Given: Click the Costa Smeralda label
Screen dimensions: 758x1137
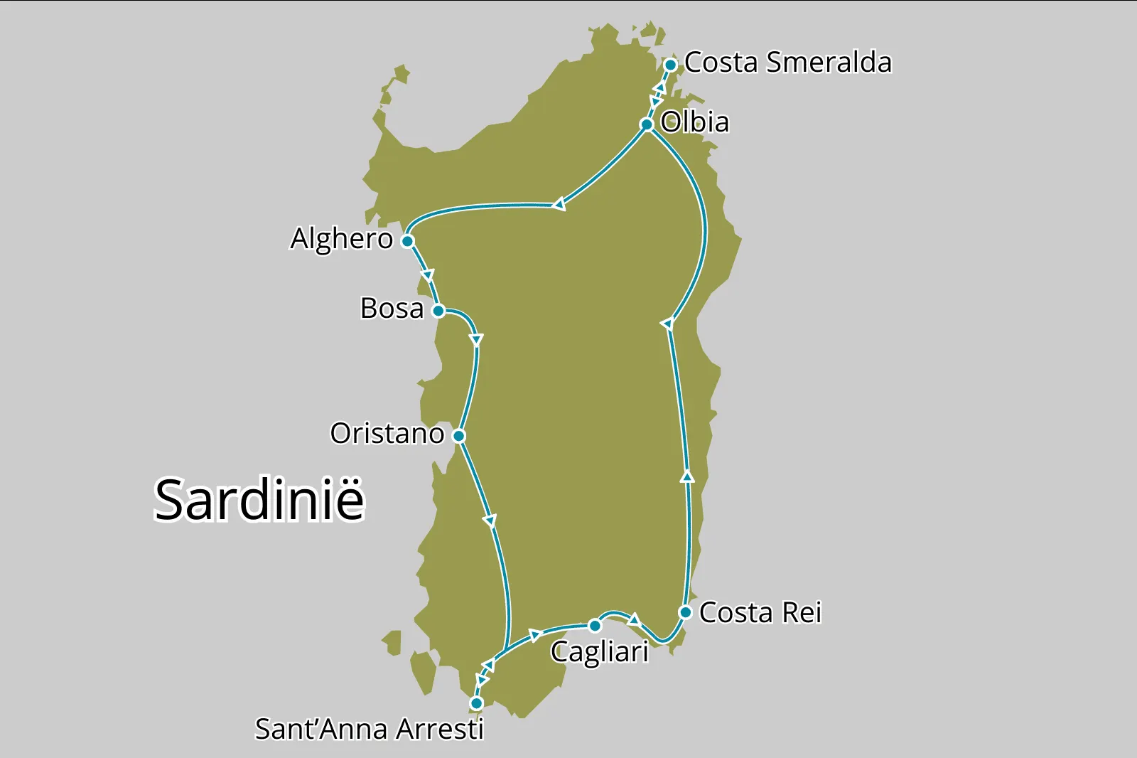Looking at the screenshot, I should click(x=787, y=63).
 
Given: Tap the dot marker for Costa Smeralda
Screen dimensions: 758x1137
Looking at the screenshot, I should click(x=670, y=65).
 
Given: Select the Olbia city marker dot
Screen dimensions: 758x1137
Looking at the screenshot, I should click(x=647, y=125).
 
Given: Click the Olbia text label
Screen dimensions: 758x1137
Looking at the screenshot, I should click(x=694, y=122).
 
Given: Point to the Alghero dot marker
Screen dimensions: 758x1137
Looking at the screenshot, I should click(x=407, y=241).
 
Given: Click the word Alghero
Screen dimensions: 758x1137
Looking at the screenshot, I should click(x=341, y=239).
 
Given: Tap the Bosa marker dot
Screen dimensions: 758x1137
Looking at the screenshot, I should click(x=438, y=311).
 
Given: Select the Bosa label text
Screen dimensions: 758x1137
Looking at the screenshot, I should click(x=392, y=309).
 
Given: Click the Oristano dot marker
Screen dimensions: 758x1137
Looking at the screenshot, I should click(x=459, y=436).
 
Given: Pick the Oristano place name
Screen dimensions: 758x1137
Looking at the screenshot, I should click(x=387, y=434).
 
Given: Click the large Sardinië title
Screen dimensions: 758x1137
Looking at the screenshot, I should click(x=259, y=500).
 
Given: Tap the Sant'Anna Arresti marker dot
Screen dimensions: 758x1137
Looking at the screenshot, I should click(x=476, y=703).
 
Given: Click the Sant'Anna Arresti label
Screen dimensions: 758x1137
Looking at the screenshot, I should click(x=369, y=730).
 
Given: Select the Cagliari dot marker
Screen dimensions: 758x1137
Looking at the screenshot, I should click(x=595, y=626).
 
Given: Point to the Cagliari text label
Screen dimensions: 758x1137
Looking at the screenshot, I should click(x=599, y=651).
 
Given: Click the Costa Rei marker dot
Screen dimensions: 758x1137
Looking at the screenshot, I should click(x=685, y=612).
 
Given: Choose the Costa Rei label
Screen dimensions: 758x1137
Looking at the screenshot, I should click(x=760, y=612).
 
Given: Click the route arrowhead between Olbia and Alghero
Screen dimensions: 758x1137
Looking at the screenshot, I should click(x=559, y=205).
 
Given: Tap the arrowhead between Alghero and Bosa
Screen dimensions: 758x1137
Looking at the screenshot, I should click(x=427, y=275).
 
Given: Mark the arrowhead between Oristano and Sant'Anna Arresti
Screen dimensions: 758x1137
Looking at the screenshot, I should click(x=490, y=521).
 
